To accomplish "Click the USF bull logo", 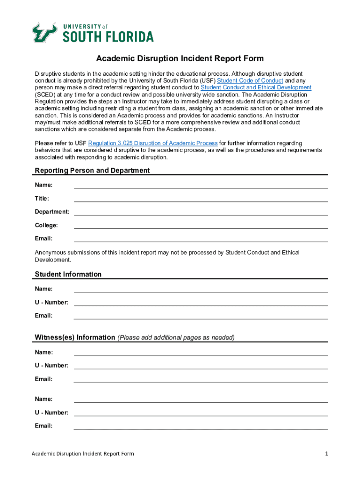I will pos(44,33).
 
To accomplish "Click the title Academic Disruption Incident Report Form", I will pos(180,58).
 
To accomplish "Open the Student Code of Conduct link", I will pos(250,80).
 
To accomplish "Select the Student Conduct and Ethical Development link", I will pos(256,87).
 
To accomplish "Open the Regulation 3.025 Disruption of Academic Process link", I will pos(153,143).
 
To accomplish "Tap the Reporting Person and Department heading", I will pos(92,170).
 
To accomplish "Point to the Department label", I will pos(52,212).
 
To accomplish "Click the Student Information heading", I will pos(68,274).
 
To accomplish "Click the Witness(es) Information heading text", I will pos(75,337).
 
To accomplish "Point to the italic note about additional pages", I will pos(176,338).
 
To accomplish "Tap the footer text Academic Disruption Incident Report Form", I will pos(83,454).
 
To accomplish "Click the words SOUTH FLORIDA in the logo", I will pos(108,36).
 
